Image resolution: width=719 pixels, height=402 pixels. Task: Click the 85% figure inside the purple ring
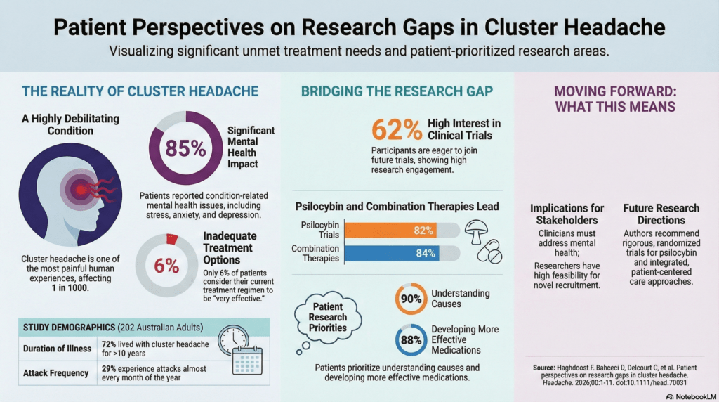click(185, 148)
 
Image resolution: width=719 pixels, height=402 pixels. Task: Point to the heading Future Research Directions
click(661, 214)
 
